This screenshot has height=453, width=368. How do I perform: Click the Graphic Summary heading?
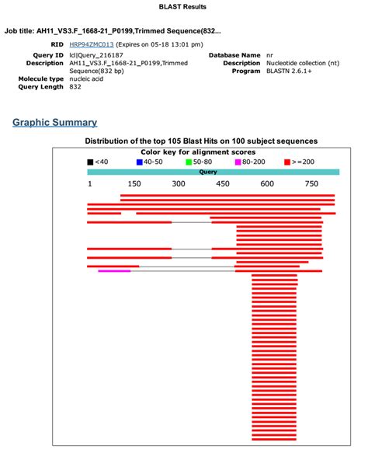[x=54, y=122]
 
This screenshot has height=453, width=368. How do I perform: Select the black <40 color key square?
[x=91, y=162]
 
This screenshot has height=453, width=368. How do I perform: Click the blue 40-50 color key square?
[x=140, y=162]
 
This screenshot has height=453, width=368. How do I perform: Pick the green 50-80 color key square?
[x=189, y=162]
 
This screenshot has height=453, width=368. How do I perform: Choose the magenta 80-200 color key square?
[x=238, y=162]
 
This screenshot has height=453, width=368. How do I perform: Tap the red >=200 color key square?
[x=287, y=162]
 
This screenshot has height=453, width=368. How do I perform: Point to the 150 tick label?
[x=134, y=184]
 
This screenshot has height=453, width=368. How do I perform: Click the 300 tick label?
[x=179, y=184]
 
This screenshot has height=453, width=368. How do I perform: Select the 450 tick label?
[x=223, y=184]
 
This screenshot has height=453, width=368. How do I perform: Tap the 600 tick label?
[x=267, y=184]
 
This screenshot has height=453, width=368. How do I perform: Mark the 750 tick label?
[x=311, y=184]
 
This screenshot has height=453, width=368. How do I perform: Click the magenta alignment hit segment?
[x=114, y=270]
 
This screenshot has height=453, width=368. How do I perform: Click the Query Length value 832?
[x=76, y=86]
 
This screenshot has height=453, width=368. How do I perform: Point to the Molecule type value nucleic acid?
[x=87, y=78]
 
